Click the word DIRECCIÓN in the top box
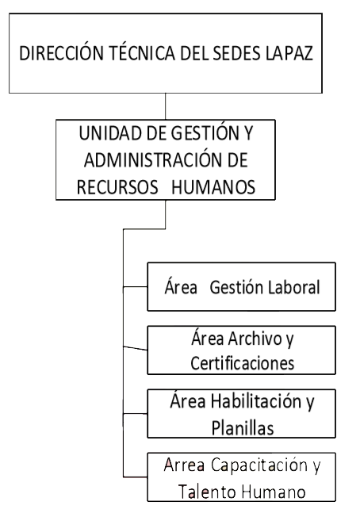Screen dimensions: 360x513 click(x=61, y=52)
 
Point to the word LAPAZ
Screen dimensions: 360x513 click(x=289, y=53)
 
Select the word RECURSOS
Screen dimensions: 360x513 click(x=117, y=187)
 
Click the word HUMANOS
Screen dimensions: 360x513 click(x=213, y=187)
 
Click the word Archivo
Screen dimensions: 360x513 click(x=255, y=339)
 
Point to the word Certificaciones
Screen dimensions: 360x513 click(x=243, y=363)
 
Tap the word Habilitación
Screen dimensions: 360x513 click(x=256, y=401)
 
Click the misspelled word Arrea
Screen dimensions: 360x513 click(x=185, y=465)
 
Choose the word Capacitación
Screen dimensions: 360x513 click(x=259, y=465)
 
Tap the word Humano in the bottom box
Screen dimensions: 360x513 click(x=274, y=492)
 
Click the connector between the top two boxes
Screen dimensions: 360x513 click(x=165, y=106)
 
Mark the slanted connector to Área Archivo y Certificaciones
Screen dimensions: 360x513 click(x=135, y=348)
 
